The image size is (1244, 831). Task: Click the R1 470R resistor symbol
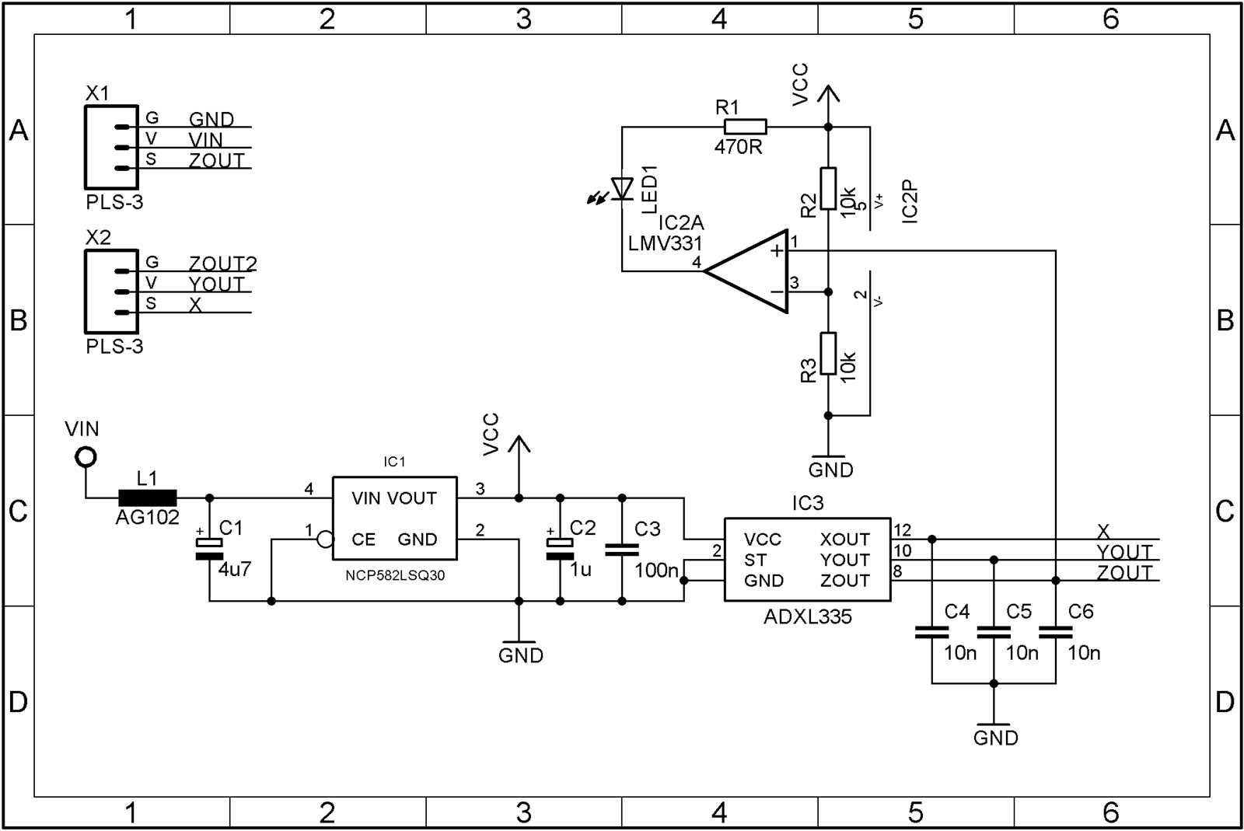745,127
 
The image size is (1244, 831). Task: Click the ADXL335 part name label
807,617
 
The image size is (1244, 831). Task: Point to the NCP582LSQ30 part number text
395,576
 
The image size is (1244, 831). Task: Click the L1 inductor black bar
147,498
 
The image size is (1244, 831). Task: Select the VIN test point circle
86,457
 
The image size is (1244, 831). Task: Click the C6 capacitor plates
1055,632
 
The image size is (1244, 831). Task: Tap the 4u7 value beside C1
234,570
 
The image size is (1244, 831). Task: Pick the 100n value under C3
655,571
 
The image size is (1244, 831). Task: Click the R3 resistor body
828,354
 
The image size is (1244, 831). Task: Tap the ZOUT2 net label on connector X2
222,264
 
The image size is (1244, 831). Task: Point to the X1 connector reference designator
97,94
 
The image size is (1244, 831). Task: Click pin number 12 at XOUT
902,530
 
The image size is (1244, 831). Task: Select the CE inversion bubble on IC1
325,539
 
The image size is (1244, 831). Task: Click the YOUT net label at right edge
1123,552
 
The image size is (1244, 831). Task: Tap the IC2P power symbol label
910,201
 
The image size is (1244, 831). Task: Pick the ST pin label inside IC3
754,560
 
